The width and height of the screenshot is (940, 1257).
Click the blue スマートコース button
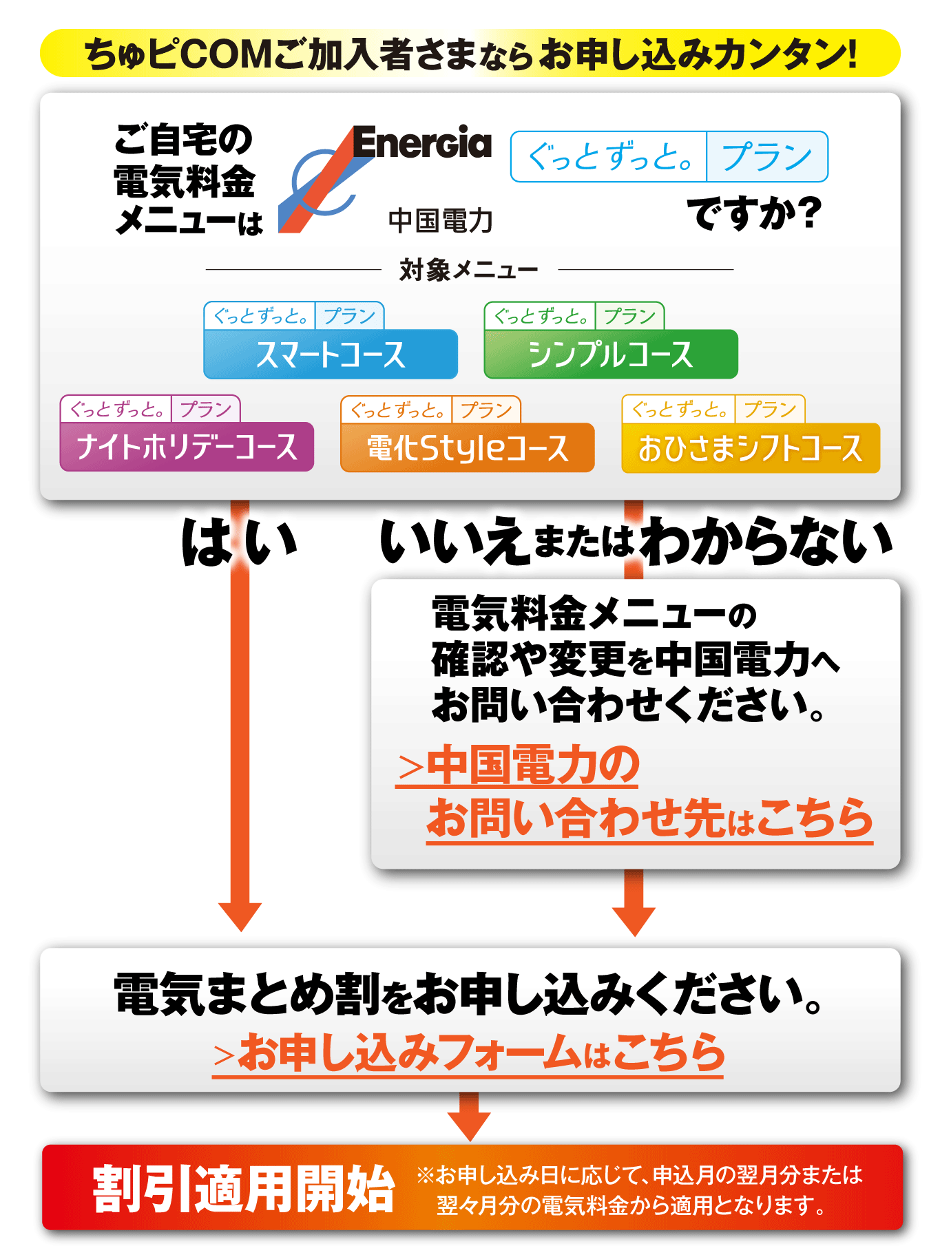(x=331, y=354)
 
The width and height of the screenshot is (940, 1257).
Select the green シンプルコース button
(x=611, y=354)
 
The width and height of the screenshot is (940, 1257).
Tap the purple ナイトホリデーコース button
(x=187, y=447)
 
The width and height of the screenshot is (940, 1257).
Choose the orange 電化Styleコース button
(x=467, y=447)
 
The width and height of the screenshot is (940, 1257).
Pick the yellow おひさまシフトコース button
(x=751, y=448)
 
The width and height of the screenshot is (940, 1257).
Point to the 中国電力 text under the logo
(x=441, y=221)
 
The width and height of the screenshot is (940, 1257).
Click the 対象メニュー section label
(x=468, y=270)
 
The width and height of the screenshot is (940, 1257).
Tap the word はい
(x=238, y=542)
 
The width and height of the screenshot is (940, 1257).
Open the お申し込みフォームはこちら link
(x=468, y=1053)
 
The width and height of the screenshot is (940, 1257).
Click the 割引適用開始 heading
(x=244, y=1189)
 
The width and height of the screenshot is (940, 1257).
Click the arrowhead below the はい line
(x=240, y=916)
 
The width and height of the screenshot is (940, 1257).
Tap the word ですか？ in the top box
(x=754, y=213)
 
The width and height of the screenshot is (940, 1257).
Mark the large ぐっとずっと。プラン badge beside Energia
(x=669, y=157)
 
